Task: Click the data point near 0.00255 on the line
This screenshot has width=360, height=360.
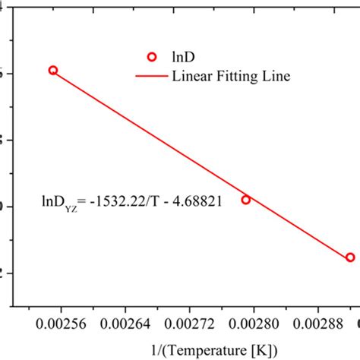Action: (x=52, y=70)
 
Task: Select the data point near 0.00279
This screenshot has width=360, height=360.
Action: (x=245, y=200)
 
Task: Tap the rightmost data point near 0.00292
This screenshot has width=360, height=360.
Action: (x=350, y=257)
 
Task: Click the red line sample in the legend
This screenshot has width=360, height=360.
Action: (x=150, y=76)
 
